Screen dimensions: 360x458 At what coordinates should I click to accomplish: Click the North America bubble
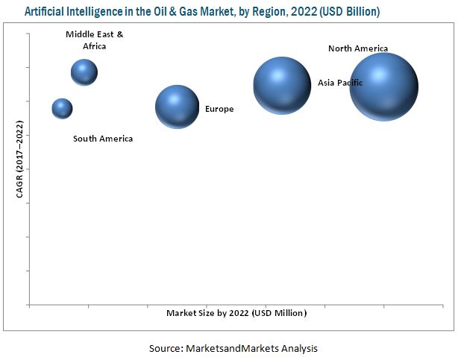[383, 86]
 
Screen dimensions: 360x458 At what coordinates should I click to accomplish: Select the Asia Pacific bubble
[281, 86]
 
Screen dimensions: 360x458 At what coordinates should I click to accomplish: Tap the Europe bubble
[177, 107]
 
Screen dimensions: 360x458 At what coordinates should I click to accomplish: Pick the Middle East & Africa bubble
[84, 72]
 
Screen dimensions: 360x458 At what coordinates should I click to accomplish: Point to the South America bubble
[62, 108]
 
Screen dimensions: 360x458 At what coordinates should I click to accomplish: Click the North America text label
[358, 48]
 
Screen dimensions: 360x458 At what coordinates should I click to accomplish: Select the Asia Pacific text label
[340, 83]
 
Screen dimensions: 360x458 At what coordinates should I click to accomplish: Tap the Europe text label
[219, 110]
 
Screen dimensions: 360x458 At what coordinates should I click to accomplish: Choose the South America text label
[103, 139]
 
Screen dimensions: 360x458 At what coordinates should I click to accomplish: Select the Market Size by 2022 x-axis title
[236, 313]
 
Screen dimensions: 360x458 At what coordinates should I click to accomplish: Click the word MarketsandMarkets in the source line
[237, 348]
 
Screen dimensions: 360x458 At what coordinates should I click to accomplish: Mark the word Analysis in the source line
[300, 348]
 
